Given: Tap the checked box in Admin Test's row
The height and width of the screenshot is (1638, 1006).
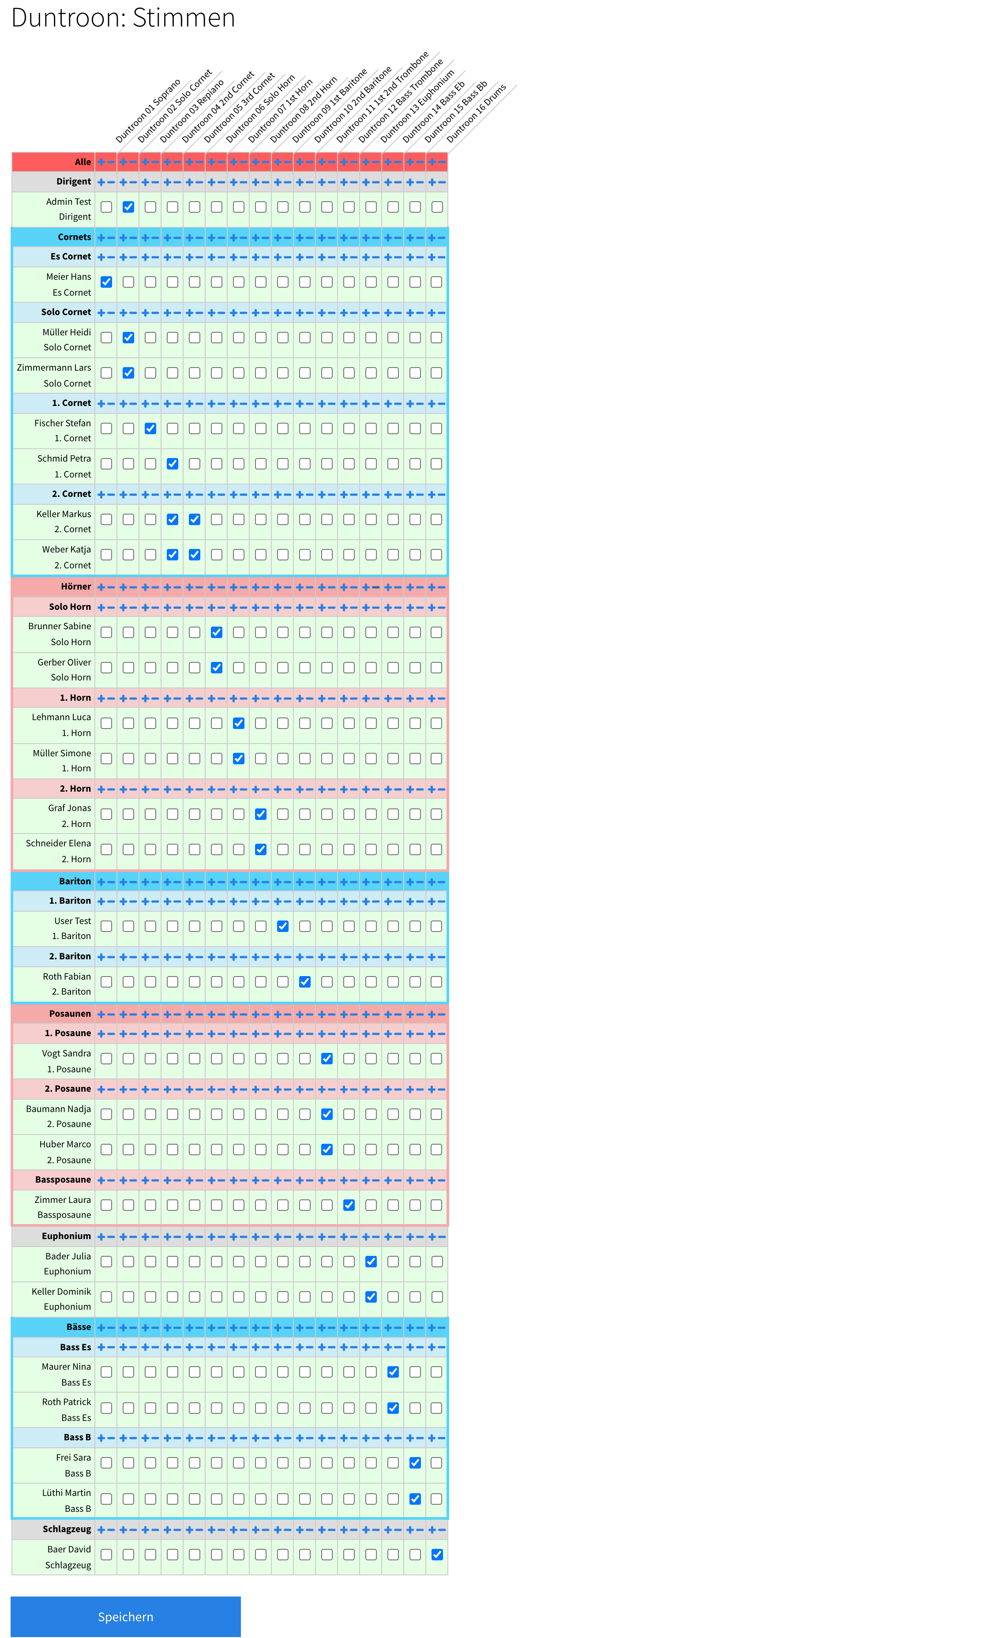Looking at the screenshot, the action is [x=128, y=207].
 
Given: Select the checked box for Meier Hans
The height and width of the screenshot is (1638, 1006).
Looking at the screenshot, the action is [x=106, y=282].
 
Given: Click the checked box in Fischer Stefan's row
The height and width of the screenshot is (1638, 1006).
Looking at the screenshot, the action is [x=150, y=428].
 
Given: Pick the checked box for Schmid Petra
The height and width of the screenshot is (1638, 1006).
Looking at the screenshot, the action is [x=173, y=464].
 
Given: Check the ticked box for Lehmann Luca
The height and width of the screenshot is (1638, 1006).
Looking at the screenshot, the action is [x=238, y=723].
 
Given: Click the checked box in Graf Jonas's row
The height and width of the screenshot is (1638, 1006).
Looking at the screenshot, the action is [x=261, y=814].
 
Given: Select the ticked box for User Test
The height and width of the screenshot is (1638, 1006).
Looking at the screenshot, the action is [x=283, y=926].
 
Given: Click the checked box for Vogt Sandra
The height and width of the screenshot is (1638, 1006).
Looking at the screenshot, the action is [x=327, y=1059].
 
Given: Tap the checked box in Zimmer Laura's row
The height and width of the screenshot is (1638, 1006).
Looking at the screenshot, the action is [x=349, y=1205].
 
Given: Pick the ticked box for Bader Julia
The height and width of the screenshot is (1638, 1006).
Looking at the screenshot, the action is [x=371, y=1262].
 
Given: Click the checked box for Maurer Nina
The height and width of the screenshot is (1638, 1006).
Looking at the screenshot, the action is [x=393, y=1372].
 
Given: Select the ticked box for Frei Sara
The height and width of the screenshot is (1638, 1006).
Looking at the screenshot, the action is [x=415, y=1462].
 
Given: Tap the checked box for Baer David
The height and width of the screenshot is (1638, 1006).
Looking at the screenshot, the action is [x=437, y=1554].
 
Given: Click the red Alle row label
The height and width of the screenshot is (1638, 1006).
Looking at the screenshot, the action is [x=83, y=162].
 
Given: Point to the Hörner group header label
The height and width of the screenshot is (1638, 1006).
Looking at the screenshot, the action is [x=76, y=586].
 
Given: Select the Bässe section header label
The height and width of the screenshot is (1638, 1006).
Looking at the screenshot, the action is [x=79, y=1326].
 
